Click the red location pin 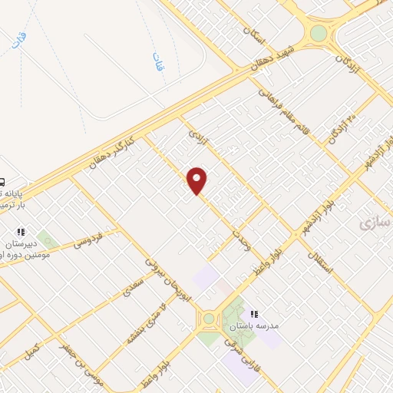[x=197, y=181]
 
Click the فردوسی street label [x=88, y=243]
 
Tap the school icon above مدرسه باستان [x=254, y=314]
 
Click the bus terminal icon [x=2, y=182]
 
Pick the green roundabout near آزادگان [x=317, y=33]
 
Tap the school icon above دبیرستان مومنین [x=21, y=231]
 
